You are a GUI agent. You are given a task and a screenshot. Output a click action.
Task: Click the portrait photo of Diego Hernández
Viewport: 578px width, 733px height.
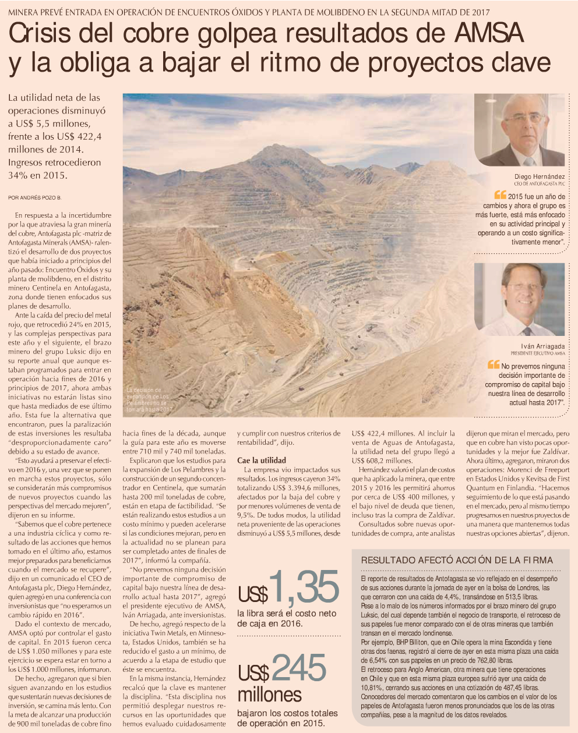519,130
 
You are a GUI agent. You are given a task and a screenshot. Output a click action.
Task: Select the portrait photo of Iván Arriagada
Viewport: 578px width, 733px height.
519,299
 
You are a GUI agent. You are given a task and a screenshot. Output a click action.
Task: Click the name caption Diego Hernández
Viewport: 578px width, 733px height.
539,176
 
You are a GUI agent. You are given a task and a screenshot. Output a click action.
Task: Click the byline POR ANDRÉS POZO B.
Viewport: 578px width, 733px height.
35,198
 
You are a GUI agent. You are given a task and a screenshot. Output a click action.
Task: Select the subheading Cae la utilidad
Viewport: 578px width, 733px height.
262,460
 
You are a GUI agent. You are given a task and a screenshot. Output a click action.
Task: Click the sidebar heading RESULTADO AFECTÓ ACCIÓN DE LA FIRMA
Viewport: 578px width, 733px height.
457,560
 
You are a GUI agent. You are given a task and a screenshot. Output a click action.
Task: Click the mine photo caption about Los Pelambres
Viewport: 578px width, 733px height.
150,399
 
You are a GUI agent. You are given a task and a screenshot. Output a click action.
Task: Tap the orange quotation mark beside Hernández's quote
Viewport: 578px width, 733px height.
500,196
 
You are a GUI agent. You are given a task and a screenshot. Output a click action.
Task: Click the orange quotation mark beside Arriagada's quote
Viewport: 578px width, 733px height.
494,365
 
